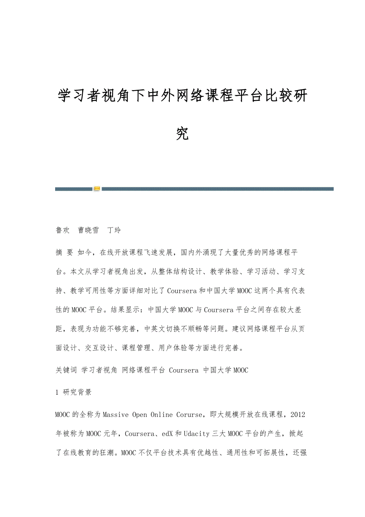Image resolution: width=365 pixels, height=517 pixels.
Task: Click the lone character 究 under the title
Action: point(182,134)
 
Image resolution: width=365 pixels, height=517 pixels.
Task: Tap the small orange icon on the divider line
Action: point(97,189)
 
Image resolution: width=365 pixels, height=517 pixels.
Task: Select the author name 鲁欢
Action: point(63,230)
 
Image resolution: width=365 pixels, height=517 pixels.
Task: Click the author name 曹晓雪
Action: point(88,230)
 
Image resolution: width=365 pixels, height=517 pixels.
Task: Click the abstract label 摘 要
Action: point(65,253)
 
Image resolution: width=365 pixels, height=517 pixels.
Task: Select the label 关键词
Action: point(66,370)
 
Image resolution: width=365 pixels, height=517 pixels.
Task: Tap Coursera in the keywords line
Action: point(184,370)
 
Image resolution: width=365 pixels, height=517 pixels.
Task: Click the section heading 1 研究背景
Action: point(74,392)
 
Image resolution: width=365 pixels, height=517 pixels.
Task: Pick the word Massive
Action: point(116,415)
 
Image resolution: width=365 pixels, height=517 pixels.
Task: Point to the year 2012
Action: point(298,415)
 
